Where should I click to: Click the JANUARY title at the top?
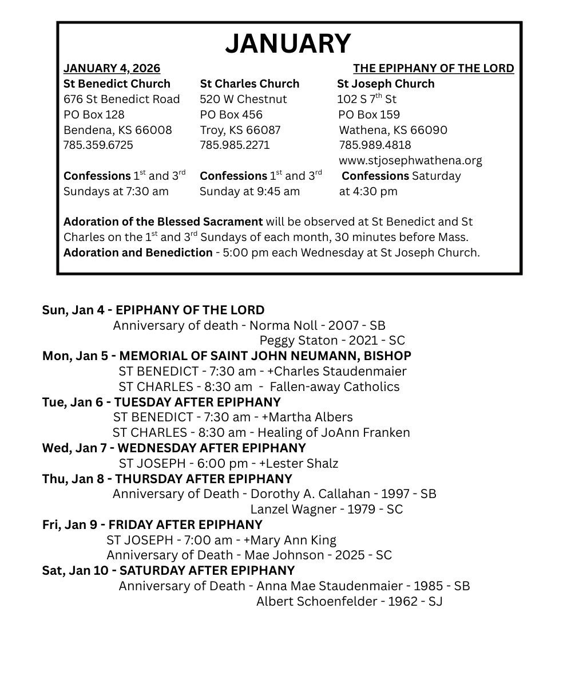coord(288,44)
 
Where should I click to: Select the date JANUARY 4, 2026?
coord(112,69)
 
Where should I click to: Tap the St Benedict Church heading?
coord(117,84)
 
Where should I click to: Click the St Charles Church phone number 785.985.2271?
coord(235,145)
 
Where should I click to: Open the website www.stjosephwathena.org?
coord(410,160)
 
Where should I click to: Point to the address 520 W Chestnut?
coord(243,99)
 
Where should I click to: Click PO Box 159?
coord(369,114)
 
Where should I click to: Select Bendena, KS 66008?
coord(117,130)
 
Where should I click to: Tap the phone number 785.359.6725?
coord(98,145)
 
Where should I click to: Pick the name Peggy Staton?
coord(299,341)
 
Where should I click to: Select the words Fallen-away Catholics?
coord(335,387)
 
